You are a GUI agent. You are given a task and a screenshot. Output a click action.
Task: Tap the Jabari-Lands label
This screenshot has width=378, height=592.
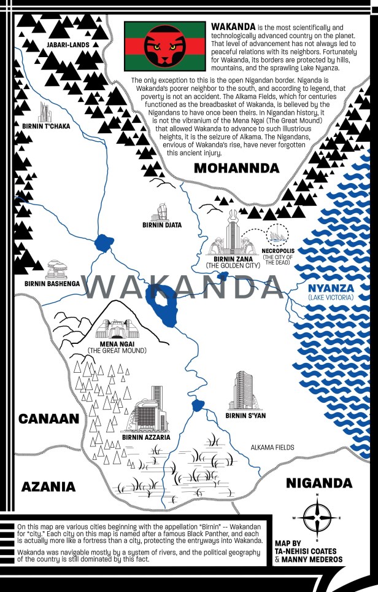pyautogui.click(x=67, y=44)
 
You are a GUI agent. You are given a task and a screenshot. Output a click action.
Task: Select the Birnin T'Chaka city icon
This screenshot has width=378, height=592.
pyautogui.click(x=45, y=112)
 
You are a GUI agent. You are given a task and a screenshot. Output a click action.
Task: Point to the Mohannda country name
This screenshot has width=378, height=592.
pyautogui.click(x=236, y=168)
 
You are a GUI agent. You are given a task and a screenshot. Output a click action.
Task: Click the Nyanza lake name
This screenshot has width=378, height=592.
pyautogui.click(x=330, y=287)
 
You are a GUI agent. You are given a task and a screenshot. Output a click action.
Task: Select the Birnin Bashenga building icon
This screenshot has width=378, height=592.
pyautogui.click(x=57, y=269)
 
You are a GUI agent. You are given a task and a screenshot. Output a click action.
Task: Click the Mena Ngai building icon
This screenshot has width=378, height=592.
pyautogui.click(x=116, y=330)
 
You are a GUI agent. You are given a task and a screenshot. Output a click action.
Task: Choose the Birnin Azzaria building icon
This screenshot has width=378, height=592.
pyautogui.click(x=146, y=413)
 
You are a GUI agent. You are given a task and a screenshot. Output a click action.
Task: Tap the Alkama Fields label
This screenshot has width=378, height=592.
pyautogui.click(x=272, y=448)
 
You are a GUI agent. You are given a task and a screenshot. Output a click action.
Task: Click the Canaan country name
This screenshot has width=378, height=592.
pyautogui.click(x=49, y=419)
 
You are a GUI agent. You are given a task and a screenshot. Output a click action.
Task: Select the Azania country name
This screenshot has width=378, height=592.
pyautogui.click(x=48, y=486)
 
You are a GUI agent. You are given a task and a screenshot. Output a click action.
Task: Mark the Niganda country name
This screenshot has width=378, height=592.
pyautogui.click(x=319, y=483)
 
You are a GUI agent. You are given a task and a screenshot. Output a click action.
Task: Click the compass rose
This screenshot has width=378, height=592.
pyautogui.click(x=317, y=516)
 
